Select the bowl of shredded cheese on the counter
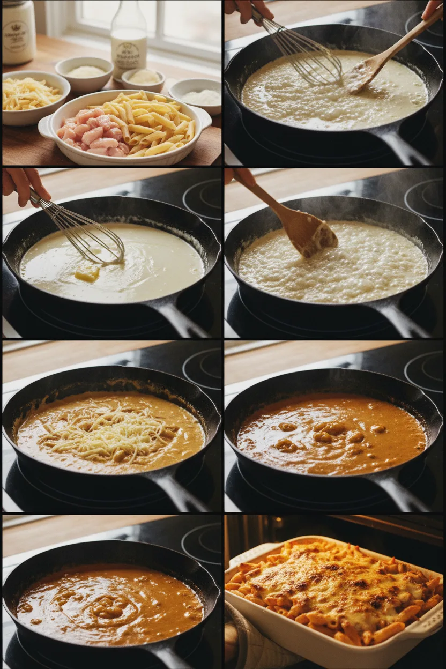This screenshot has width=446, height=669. [33, 96]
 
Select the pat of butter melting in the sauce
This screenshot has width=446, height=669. [87, 274]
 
